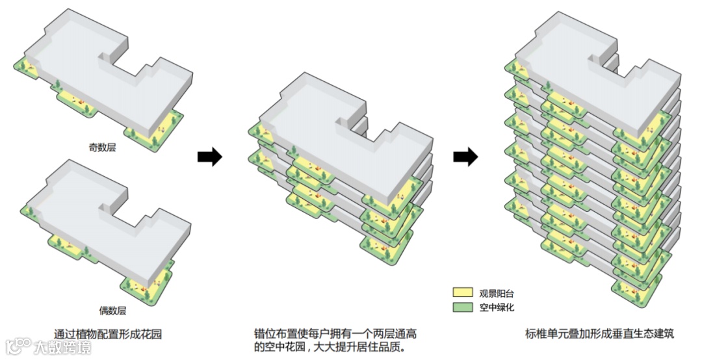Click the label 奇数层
click(x=102, y=148)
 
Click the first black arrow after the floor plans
click(x=209, y=157)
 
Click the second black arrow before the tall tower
click(x=465, y=157)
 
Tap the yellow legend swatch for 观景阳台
click(x=462, y=294)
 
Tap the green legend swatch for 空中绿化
click(x=462, y=307)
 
